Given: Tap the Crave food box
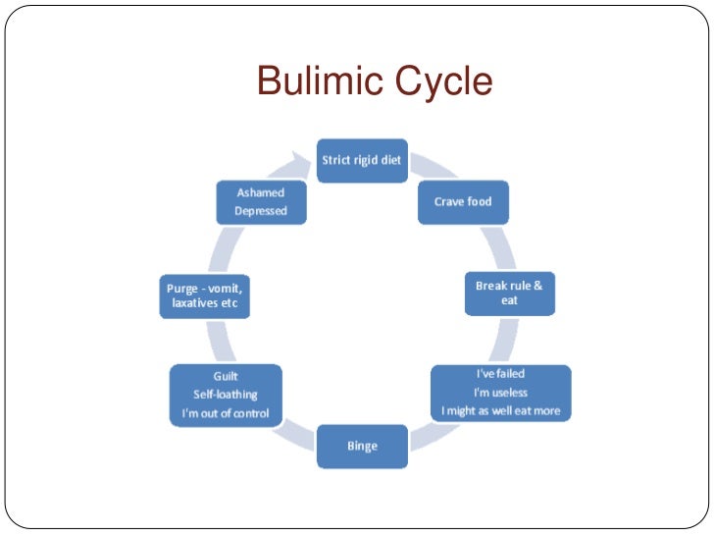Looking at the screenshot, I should tap(462, 202).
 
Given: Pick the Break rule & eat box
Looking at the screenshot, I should tap(508, 293).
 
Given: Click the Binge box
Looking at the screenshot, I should tap(362, 446).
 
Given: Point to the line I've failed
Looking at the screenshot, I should tap(500, 375).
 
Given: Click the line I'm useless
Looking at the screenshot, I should tap(500, 393).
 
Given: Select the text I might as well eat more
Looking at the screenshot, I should tap(500, 410).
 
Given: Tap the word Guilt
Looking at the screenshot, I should tap(226, 376).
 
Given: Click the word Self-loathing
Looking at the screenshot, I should tap(226, 394).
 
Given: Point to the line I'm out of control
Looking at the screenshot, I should tap(226, 412).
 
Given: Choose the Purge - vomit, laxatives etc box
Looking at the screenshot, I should tap(204, 296).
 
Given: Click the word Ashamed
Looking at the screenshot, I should tap(260, 192).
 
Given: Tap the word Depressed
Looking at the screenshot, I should tap(260, 210).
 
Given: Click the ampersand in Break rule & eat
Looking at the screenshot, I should tap(536, 285).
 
